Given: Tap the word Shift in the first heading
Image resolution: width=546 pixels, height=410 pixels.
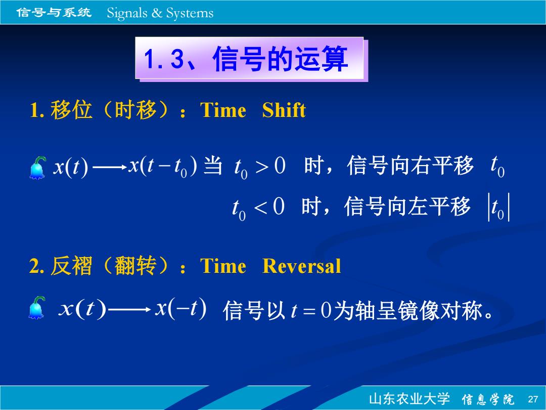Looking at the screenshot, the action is pos(284,110).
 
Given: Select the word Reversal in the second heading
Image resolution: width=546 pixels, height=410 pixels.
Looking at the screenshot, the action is pos(301,266).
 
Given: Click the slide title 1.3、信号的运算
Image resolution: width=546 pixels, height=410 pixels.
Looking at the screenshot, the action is pos(246,59).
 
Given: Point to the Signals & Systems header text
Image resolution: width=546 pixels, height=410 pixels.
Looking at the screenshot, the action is pos(160,13).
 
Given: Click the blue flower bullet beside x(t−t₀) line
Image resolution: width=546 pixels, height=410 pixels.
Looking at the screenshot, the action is pos(37,168).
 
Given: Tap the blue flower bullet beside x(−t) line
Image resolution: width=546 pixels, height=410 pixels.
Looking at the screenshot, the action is pos(37,308).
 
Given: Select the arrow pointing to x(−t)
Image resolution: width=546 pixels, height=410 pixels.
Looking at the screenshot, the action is pos(129,309).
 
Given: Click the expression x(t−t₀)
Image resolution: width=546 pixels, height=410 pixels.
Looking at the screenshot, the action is pos(163,166).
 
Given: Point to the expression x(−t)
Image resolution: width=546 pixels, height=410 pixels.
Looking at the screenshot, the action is pos(181,308).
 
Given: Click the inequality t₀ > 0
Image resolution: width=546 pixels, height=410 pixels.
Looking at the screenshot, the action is pos(259,167).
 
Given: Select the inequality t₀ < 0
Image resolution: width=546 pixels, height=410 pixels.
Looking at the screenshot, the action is pos(258,208).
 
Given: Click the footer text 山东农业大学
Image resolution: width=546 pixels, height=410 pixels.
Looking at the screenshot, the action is pos(409,399).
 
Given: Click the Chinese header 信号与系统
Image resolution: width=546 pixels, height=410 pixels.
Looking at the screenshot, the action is pos(54,13).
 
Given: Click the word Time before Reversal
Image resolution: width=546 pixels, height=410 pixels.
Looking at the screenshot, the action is pos(223,266).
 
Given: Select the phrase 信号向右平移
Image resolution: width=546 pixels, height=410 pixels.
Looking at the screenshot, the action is pos(410,166).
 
